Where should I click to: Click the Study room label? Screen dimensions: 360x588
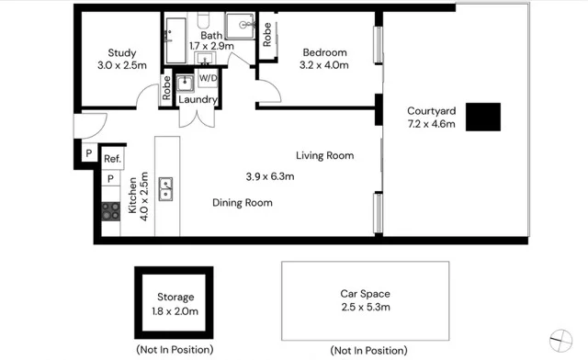coord(121,52)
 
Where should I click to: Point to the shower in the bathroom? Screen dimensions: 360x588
coord(241,26)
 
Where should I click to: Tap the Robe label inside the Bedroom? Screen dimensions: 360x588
coord(267,34)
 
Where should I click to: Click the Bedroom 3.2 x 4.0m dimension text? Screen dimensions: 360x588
coord(324,65)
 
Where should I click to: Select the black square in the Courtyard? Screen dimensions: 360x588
coord(482,117)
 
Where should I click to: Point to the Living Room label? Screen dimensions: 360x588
coord(324,155)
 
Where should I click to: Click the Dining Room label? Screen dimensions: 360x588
coord(242,202)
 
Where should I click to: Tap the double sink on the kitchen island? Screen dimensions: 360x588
coord(167,188)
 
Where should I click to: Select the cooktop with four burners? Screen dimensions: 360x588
coord(110,211)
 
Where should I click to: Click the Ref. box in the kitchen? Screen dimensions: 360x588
coord(111,158)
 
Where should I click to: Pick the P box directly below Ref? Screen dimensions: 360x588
coord(110,178)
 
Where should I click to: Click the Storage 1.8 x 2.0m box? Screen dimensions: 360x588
coord(175,303)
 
